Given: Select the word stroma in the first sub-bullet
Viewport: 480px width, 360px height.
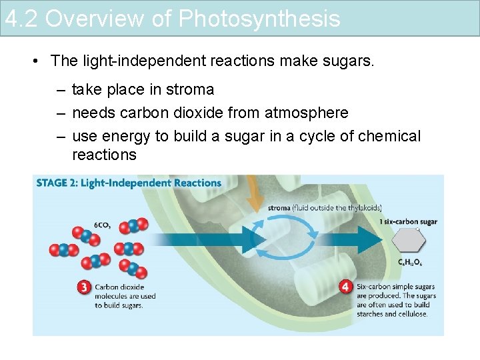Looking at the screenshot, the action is (x=190, y=89).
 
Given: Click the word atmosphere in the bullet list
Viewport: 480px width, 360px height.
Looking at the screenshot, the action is (x=308, y=113).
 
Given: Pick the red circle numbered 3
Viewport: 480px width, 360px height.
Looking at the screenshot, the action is (x=83, y=287).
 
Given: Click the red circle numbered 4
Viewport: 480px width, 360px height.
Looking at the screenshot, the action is (x=345, y=287).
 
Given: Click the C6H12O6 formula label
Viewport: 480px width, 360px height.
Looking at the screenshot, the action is (x=409, y=263).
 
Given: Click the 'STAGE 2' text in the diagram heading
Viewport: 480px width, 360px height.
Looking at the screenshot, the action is (x=56, y=183).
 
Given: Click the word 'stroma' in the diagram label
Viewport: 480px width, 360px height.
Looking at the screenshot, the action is (x=279, y=208).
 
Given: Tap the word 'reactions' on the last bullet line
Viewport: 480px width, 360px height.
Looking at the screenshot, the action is (x=104, y=155).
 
